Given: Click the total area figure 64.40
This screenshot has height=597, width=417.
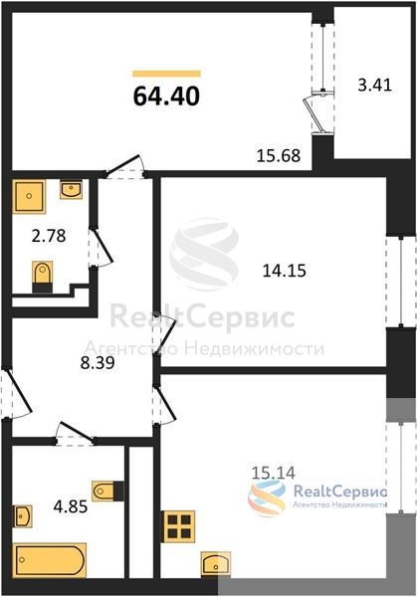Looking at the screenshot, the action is (166, 96).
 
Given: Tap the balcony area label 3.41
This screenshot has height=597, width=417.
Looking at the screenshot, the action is (375, 85).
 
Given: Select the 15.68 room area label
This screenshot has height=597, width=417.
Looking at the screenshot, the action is (279, 155).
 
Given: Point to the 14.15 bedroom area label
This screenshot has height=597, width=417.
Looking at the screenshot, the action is (285, 271).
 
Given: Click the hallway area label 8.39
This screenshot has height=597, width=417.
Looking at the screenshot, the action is (98, 362).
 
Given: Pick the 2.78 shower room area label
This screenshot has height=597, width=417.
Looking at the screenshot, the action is (49, 236).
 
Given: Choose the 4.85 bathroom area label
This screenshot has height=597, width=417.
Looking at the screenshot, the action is (71, 506).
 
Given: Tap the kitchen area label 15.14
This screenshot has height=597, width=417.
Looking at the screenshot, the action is (274, 473).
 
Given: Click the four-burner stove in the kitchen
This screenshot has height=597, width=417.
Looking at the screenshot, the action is (179, 526).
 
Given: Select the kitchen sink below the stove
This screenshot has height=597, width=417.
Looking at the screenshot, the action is (216, 563).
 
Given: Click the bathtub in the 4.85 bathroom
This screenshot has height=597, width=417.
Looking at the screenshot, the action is (50, 560).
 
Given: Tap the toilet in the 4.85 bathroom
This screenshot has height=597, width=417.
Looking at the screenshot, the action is (107, 491).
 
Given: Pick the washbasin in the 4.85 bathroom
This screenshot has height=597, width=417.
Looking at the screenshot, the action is (23, 515).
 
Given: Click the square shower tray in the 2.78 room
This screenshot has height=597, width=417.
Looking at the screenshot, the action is (29, 196).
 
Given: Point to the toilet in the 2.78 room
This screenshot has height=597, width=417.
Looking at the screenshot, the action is (42, 278).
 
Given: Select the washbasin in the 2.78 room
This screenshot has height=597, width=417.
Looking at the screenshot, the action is (72, 190).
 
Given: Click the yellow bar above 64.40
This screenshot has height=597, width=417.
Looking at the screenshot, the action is (166, 74).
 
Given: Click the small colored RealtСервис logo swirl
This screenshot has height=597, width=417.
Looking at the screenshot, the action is (266, 498).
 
